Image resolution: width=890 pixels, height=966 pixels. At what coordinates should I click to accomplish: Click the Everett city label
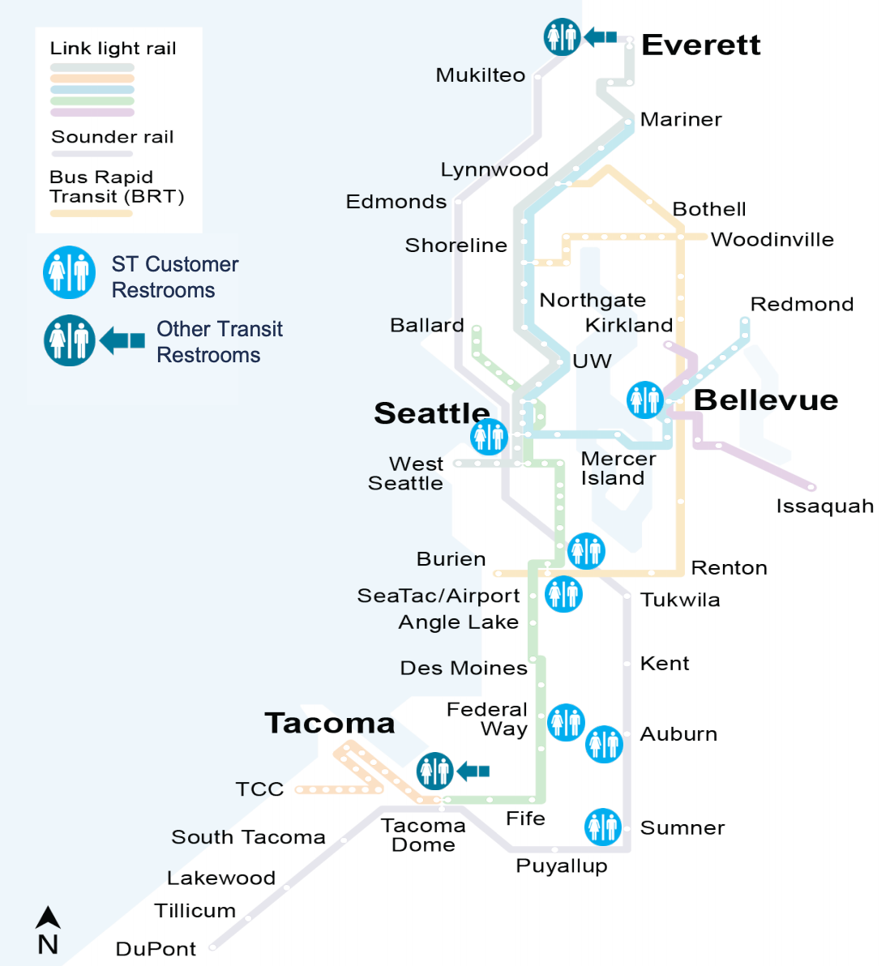[x=700, y=45]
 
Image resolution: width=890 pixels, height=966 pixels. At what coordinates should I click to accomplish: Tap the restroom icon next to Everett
[x=562, y=36]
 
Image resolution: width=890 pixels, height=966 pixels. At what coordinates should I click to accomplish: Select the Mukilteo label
[x=481, y=75]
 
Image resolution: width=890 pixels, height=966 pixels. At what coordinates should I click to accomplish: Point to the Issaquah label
[x=824, y=507]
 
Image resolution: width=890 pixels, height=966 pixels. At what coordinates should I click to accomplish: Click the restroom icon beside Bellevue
[x=645, y=400]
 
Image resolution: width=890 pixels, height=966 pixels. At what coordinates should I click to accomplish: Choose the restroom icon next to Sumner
[x=603, y=827]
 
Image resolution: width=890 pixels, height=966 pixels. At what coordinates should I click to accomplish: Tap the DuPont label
[x=156, y=949]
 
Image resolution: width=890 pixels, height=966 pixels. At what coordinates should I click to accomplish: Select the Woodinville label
[x=772, y=240]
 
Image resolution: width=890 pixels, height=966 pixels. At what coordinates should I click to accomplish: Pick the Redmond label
[x=802, y=305]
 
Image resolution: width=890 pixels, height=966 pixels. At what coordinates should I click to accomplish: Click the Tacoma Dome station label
[x=423, y=836]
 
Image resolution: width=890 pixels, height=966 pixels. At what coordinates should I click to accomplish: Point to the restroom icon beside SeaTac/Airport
[x=563, y=594]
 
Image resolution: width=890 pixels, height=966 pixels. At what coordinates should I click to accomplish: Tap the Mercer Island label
[x=618, y=468]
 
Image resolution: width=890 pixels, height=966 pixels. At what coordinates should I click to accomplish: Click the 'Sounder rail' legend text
[x=113, y=137]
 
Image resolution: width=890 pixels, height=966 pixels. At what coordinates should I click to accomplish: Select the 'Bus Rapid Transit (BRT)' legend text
[x=117, y=187]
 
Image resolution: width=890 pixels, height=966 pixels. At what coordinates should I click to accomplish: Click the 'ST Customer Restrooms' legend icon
[x=69, y=273]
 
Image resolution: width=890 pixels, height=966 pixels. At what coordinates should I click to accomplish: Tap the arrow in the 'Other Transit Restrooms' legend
[x=122, y=341]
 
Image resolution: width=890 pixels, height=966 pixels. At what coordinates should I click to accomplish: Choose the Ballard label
[x=427, y=326]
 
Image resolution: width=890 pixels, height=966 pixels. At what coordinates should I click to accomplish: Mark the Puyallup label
[x=562, y=866]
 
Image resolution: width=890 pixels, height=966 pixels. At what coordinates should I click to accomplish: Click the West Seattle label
[x=406, y=474]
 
